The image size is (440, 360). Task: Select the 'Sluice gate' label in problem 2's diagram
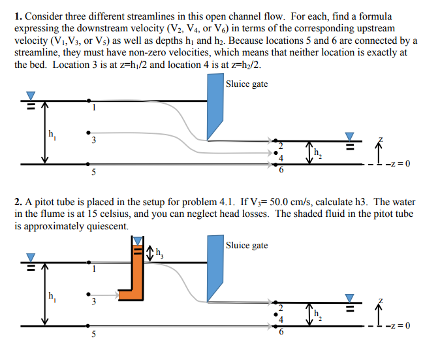point(246,246)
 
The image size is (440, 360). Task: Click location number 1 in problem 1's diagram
point(93,108)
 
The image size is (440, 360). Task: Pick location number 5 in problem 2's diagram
point(93,334)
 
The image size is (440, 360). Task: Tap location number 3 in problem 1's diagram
point(93,141)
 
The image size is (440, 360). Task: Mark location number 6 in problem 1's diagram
point(281,170)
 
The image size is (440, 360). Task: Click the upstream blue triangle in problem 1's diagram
point(30,95)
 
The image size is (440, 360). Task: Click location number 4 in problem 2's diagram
point(281,319)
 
